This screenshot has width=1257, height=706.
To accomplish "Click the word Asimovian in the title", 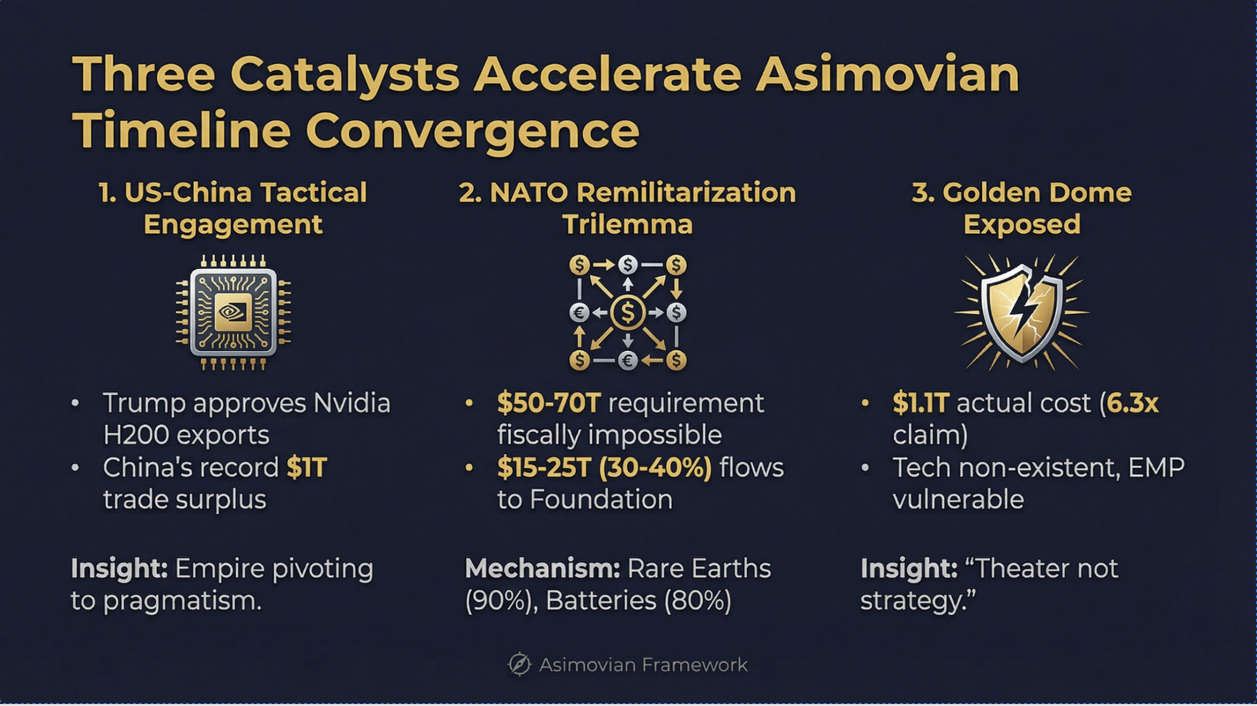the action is (x=887, y=75).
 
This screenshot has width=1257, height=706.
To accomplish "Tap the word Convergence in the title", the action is (x=472, y=130).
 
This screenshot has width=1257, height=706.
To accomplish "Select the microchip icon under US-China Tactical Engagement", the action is (x=233, y=312).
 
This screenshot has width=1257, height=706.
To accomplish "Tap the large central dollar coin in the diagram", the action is (x=628, y=313).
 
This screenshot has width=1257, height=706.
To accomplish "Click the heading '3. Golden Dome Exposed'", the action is (x=1021, y=208).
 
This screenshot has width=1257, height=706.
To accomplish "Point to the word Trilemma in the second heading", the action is (x=628, y=225).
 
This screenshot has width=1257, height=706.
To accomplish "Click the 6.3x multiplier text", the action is (x=1132, y=403).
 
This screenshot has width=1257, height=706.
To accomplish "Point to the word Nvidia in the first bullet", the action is (x=352, y=403).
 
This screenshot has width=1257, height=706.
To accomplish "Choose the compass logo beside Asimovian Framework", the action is (x=519, y=664).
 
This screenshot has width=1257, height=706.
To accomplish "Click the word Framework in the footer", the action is (x=695, y=665).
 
